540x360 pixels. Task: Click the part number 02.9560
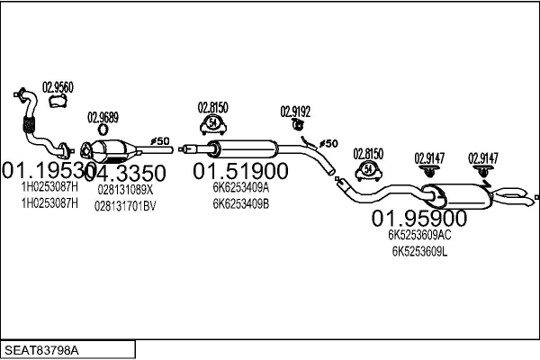pos(58,87)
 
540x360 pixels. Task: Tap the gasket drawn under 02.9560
pos(58,103)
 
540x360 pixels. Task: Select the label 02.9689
pos(102,117)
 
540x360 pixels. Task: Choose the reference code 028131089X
pos(124,190)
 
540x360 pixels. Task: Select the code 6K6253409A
pos(240,189)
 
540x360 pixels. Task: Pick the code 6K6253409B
pos(240,203)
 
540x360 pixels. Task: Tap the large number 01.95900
pos(419,219)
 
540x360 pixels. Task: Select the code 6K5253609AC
pos(419,236)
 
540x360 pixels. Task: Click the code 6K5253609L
pos(419,251)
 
